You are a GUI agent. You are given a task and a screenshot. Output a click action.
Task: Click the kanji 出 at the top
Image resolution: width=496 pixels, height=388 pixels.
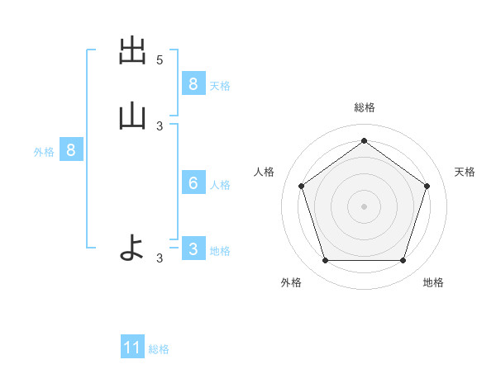pos(132,52)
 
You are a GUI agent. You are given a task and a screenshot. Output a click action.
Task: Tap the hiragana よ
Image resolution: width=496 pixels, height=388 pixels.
pos(132,247)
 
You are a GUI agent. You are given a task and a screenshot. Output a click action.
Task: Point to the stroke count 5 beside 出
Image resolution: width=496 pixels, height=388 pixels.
pos(160,60)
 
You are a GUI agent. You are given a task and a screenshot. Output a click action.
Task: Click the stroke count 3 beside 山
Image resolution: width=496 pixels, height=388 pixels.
pos(160,125)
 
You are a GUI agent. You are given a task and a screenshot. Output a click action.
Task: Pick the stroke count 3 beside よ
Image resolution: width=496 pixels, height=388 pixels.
pos(160,258)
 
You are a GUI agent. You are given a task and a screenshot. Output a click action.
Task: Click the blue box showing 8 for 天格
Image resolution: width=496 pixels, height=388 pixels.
pos(193,83)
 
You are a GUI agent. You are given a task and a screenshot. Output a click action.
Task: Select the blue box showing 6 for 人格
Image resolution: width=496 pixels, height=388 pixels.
pos(193,183)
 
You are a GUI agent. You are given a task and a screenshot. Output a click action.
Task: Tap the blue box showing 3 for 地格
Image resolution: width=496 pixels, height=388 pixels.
pos(193,248)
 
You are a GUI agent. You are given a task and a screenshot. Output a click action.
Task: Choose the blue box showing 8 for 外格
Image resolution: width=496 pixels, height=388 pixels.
pos(71,150)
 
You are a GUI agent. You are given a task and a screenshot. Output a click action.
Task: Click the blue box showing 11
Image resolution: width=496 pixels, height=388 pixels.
pos(132,348)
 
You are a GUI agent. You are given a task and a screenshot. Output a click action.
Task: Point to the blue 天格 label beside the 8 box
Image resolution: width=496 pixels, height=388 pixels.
pos(220,85)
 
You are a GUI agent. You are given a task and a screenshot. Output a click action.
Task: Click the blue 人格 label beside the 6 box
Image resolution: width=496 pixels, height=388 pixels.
pos(220,185)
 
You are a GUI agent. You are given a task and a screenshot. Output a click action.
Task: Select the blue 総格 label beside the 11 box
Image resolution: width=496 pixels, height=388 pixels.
pos(159,349)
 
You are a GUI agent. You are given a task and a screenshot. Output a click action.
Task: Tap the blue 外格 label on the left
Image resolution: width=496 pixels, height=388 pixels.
pos(44,152)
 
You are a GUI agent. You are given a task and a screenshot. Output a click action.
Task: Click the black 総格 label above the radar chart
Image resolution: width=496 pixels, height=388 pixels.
pos(364,107)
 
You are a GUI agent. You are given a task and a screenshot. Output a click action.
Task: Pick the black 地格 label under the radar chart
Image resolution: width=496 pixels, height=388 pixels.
pos(433,282)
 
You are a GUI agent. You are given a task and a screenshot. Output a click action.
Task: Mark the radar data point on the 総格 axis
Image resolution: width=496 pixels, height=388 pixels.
pos(364,140)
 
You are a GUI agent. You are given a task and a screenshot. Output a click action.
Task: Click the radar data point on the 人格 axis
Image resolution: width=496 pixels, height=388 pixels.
pos(302,186)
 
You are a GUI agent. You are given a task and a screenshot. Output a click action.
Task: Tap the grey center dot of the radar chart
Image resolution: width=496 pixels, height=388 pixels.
pos(364,206)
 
